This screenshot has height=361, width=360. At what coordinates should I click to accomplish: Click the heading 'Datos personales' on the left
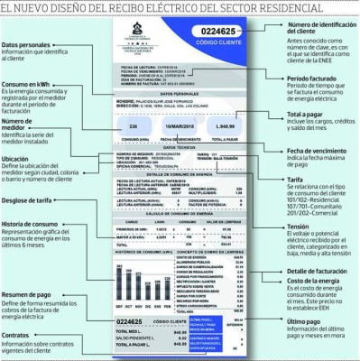tap(27, 44)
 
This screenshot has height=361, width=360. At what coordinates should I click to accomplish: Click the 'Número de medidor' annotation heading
tap(18, 124)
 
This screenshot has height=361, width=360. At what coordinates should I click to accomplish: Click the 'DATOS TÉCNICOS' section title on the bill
tap(177, 148)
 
